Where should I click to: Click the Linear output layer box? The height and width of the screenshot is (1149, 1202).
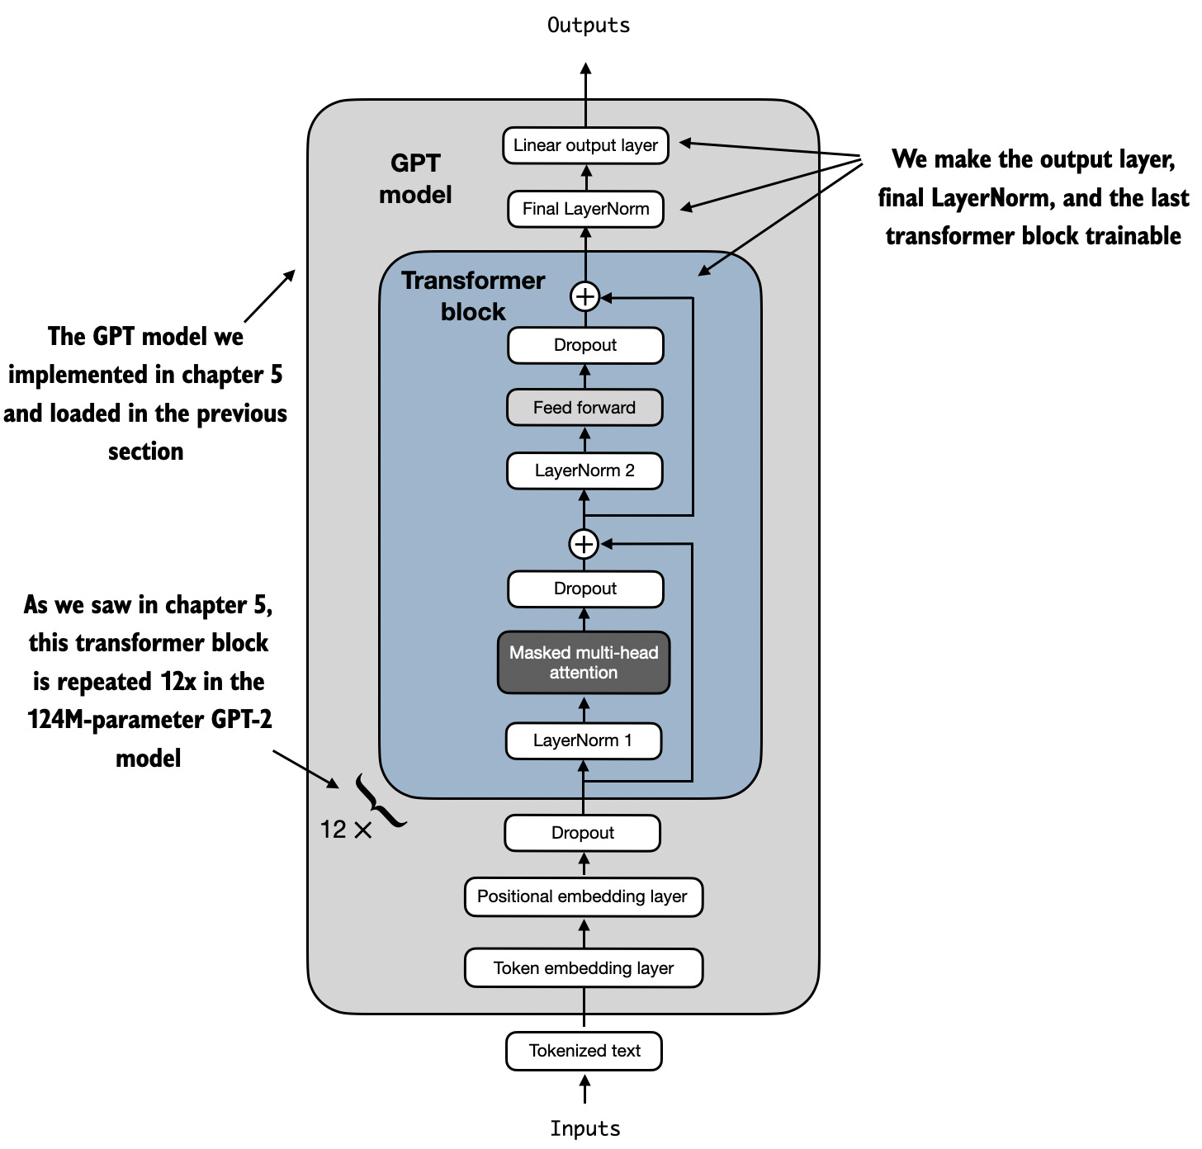585,145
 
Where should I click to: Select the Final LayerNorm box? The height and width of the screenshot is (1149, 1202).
585,209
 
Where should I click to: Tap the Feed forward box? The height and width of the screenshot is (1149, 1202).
584,408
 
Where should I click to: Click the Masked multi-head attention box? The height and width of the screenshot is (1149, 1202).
584,663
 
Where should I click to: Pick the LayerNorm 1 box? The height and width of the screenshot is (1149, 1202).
583,740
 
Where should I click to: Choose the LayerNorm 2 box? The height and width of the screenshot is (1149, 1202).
584,470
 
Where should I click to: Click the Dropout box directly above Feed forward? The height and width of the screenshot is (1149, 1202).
585,345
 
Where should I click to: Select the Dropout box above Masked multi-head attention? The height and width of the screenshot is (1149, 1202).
585,589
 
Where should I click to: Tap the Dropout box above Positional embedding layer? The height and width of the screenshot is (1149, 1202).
582,833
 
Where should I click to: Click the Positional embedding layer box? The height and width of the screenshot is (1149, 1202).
583,896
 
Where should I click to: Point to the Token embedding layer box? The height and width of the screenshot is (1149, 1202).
584,968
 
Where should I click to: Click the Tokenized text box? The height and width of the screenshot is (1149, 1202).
584,1051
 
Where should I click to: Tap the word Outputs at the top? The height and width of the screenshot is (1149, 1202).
589,26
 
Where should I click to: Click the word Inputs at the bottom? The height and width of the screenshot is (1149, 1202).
585,1128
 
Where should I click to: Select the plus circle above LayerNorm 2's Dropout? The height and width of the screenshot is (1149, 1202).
584,296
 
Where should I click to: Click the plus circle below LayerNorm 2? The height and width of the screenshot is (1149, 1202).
584,544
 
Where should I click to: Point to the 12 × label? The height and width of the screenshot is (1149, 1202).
346,830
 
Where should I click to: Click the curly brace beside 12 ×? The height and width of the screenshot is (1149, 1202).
379,801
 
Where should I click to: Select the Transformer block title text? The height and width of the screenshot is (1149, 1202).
473,296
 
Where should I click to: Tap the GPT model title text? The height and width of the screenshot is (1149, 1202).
415,178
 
